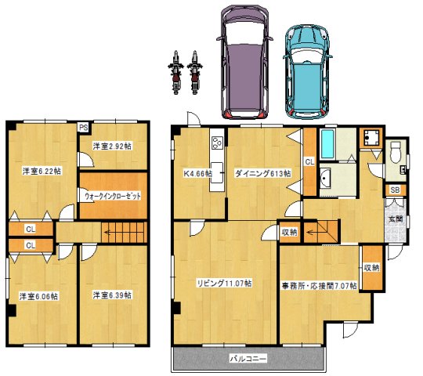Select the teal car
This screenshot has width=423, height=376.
click(307, 72)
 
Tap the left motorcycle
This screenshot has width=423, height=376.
click(175, 73)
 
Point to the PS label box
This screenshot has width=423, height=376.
click(84, 128)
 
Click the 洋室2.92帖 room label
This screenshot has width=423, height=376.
click(112, 146)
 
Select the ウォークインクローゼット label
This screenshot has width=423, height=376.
click(113, 196)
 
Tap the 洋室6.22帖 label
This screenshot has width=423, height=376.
click(42, 171)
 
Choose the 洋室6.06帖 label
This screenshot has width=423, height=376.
click(38, 296)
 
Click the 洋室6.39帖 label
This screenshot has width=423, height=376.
click(112, 295)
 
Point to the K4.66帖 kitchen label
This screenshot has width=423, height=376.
click(197, 173)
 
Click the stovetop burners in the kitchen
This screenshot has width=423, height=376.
click(218, 142)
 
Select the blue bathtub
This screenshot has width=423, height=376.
click(327, 145)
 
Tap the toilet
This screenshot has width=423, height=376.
click(396, 153)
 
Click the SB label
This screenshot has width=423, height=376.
click(396, 190)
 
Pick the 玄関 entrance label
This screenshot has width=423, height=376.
click(396, 219)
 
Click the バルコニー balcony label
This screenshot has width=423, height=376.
click(248, 359)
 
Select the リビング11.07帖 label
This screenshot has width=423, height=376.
click(225, 284)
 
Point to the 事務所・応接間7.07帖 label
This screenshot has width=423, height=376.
click(320, 286)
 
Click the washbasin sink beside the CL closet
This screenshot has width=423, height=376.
click(325, 178)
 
